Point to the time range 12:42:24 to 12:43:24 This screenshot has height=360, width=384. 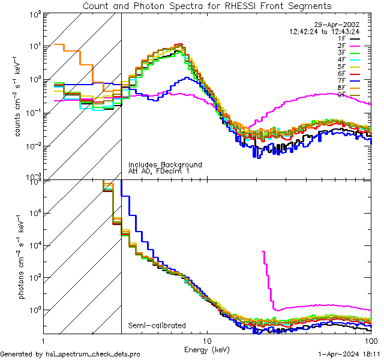point(325,31)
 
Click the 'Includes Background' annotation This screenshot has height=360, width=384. point(165,165)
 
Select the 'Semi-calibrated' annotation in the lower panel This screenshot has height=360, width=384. point(157,325)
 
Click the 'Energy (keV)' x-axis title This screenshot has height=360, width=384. point(208,349)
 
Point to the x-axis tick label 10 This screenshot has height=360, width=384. point(207,340)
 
